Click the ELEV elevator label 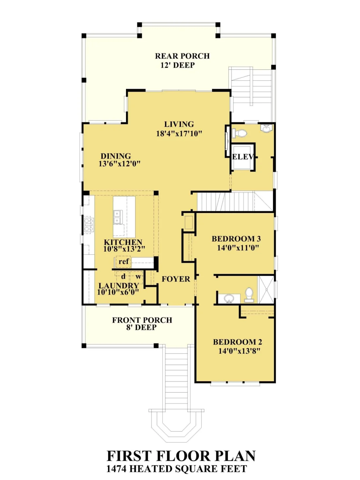pos(243,157)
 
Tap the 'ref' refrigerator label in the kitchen pos(124,261)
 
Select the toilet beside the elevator pos(240,133)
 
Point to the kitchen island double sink pos(117,217)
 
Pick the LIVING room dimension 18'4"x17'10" pos(179,133)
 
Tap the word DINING pos(116,156)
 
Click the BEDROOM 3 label pos(236,239)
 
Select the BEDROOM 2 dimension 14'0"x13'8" pos(239,351)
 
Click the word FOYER pos(176,279)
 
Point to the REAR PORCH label pos(182,56)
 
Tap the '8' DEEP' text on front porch pos(141,328)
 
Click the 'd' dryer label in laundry pos(123,276)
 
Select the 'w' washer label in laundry pos(138,276)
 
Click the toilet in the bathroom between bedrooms pos(249,294)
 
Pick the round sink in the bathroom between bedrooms pos(228,298)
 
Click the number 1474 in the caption pos(117,469)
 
